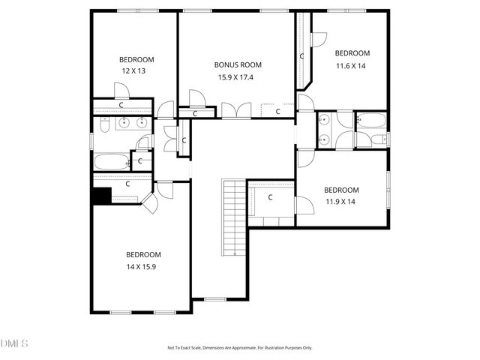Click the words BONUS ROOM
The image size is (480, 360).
tap(237, 65)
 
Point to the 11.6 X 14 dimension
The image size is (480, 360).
tap(352, 65)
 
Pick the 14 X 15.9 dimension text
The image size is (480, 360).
tap(143, 266)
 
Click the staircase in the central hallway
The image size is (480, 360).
tap(234, 217)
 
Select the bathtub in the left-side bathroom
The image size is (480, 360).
tap(110, 161)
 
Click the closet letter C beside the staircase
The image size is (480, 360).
tap(270, 198)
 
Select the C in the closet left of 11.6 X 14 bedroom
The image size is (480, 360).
tap(302, 56)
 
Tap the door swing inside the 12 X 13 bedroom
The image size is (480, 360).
tap(121, 91)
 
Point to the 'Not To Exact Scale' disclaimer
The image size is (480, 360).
tap(239, 347)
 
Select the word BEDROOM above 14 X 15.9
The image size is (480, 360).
tap(143, 255)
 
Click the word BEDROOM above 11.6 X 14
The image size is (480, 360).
tap(352, 53)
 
